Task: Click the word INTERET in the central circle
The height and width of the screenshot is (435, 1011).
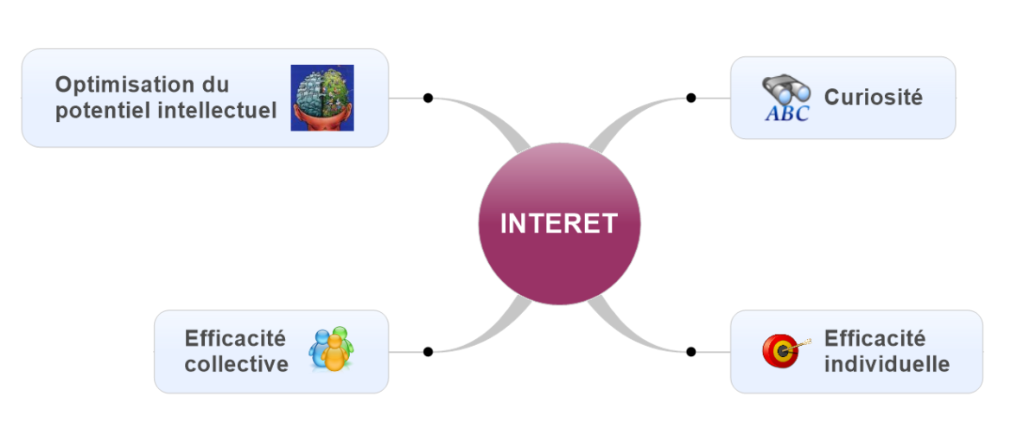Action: (x=559, y=223)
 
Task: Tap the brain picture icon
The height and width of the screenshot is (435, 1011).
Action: (x=322, y=98)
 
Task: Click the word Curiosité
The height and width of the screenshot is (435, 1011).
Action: (x=873, y=97)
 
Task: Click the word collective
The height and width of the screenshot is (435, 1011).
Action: (x=236, y=364)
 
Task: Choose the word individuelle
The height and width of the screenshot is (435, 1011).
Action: (x=887, y=364)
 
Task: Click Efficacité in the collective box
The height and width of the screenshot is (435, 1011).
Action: (x=235, y=337)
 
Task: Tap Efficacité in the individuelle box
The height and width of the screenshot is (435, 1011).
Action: (x=874, y=337)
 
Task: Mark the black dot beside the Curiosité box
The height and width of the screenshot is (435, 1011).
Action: (x=690, y=98)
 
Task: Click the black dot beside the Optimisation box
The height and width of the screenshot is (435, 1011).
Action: (x=428, y=98)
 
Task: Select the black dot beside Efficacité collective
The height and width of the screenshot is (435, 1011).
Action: (x=428, y=351)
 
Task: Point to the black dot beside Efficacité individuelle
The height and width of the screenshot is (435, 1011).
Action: (x=690, y=351)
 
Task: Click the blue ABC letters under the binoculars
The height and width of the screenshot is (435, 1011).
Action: (x=787, y=113)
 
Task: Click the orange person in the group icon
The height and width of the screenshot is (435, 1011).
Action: (x=332, y=355)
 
